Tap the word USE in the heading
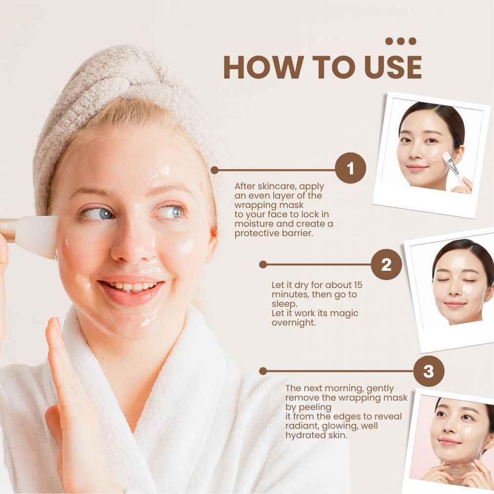point(393,67)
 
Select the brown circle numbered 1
point(350,169)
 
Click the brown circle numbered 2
point(386,264)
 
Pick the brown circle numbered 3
point(428,371)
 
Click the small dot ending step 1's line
point(214,170)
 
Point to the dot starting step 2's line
point(263,265)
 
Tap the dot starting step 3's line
point(263,371)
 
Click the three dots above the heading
point(401,41)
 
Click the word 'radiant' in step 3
point(302,426)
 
